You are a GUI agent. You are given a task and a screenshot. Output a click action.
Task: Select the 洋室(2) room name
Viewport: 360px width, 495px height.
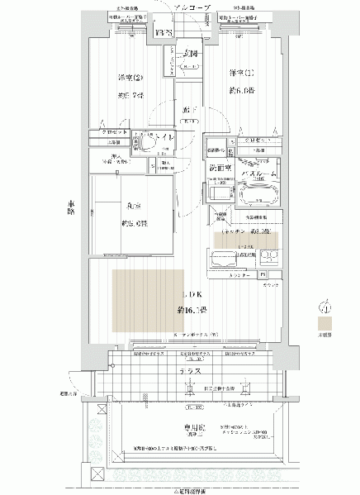pos(127,79)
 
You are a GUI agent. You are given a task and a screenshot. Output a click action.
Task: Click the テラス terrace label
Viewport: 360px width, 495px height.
pos(191,373)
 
